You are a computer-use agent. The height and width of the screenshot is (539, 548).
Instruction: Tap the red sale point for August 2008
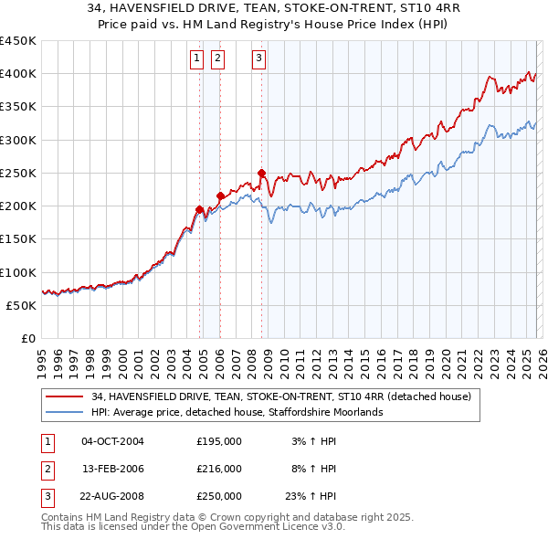tap(261, 173)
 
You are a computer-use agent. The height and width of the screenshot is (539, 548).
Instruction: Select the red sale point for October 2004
tap(199, 209)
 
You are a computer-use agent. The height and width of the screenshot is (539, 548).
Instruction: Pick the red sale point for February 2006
tap(220, 196)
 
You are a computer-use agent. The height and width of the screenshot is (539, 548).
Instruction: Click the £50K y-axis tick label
tap(21, 305)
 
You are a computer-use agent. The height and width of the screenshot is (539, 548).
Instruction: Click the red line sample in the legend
tap(66, 397)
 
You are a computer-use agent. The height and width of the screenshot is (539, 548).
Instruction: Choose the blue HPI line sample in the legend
tap(66, 413)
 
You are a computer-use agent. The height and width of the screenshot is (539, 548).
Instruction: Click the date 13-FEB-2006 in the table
tap(112, 469)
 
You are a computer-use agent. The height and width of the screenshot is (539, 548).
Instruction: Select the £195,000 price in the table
tap(219, 441)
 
